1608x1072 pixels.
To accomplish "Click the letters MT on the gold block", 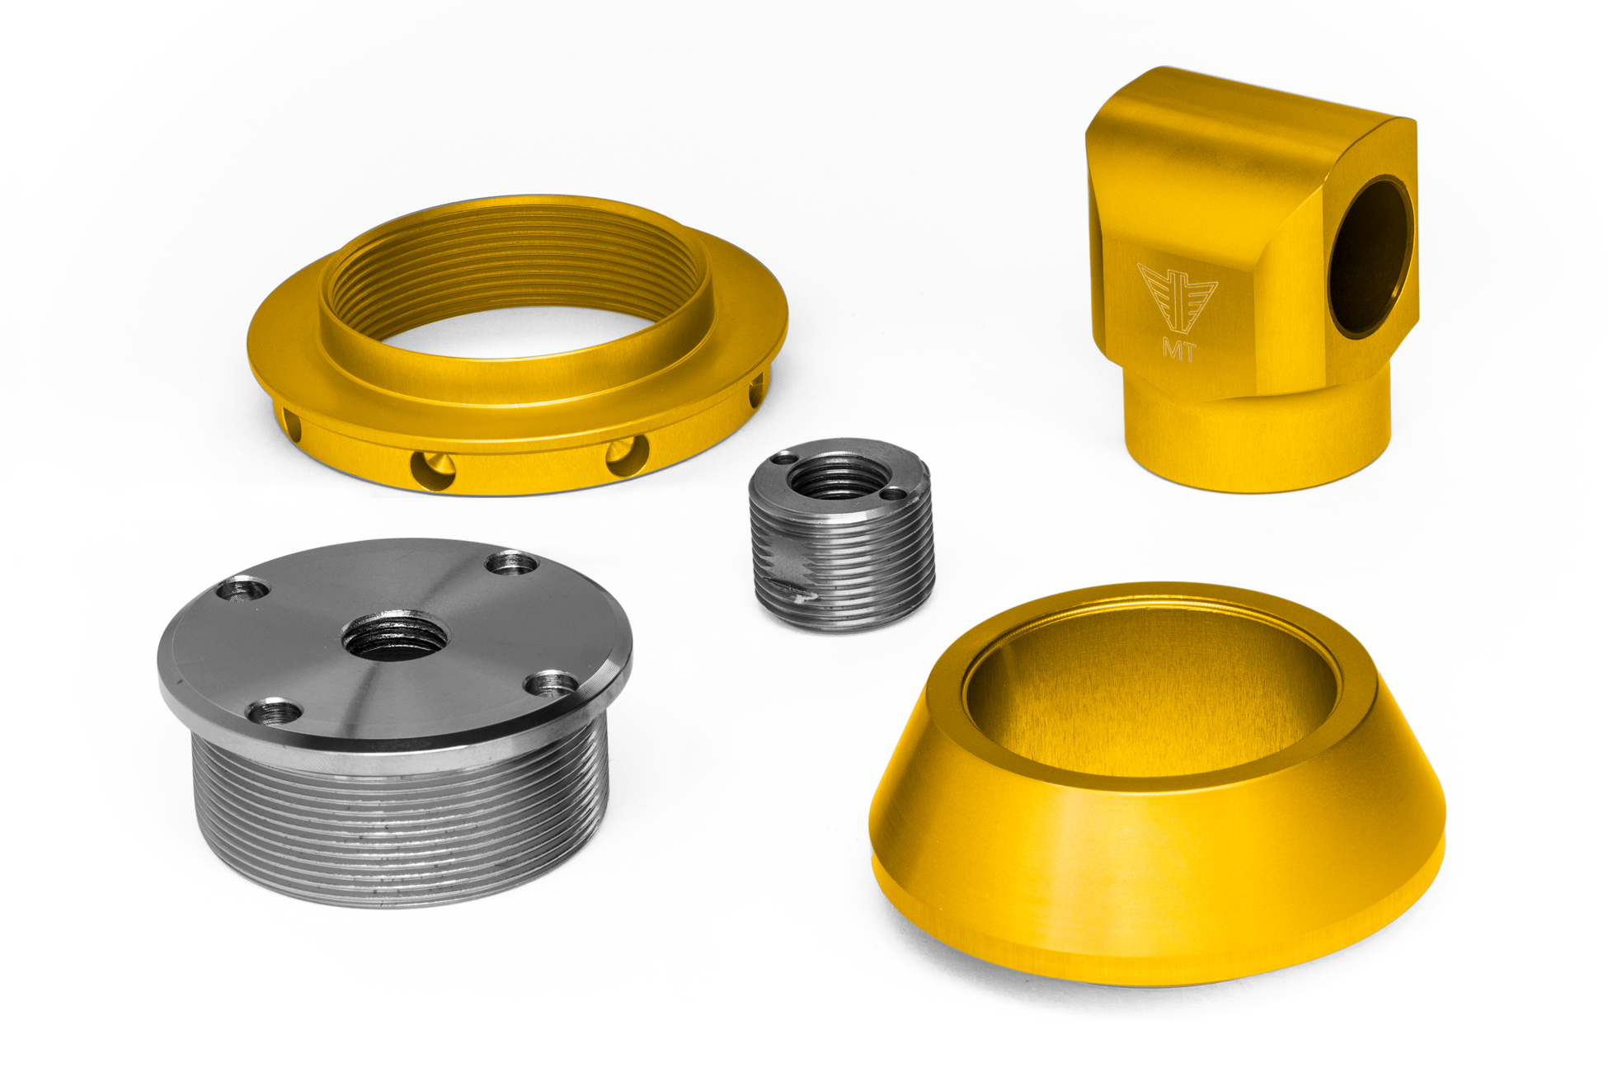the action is (1179, 348).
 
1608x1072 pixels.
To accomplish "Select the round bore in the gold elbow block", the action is (1371, 257).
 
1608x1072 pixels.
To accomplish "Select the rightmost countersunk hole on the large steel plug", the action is (551, 684).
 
